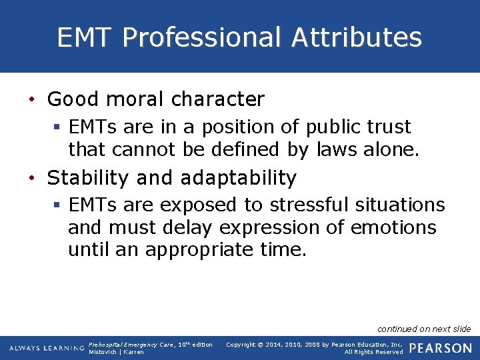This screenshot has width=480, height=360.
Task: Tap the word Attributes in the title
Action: tap(357, 37)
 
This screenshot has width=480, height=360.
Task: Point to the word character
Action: tap(217, 99)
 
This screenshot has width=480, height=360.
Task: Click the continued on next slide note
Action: tap(424, 329)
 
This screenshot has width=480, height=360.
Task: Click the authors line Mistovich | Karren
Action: tap(116, 352)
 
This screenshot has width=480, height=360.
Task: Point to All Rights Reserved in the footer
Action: tap(373, 352)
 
